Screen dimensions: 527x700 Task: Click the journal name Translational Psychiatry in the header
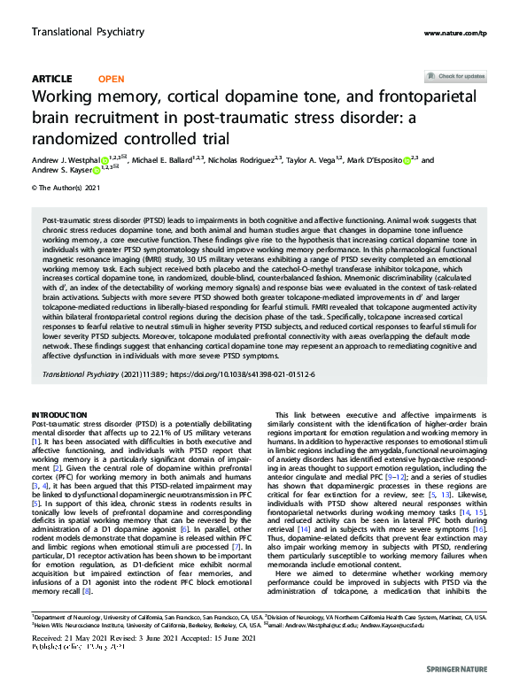point(88,32)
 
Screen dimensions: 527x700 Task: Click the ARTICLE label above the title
point(51,79)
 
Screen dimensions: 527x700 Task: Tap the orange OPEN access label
point(111,79)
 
